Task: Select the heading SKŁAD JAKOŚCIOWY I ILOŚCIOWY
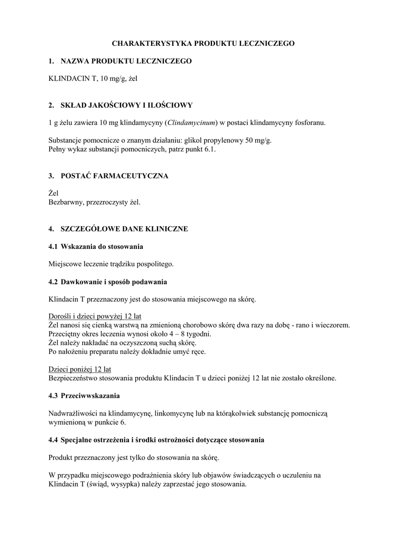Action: click(127, 105)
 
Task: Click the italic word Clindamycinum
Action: click(191, 123)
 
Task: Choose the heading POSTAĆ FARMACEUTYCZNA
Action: click(115, 176)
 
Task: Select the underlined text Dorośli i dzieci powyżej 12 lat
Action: click(95, 316)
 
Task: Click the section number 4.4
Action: click(53, 439)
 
